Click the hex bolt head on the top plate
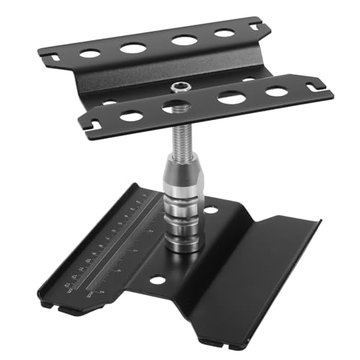pos(177,88)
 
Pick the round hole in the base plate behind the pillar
pos(211,210)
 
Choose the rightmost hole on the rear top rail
pos(224,33)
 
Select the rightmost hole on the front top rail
pos(276,91)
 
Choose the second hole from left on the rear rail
pos(133,48)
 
